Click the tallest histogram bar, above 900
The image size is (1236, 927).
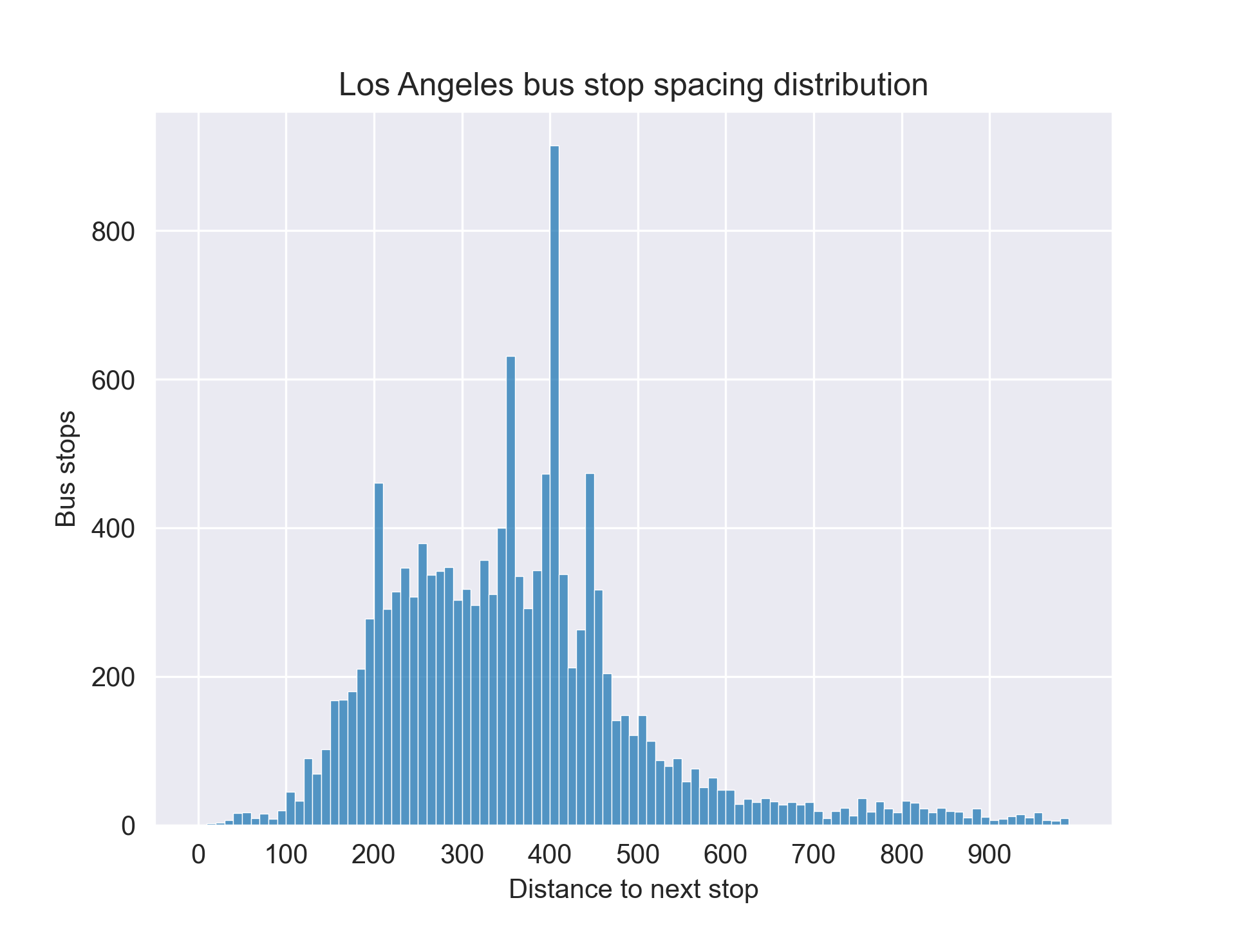[554, 483]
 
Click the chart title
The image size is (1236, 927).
[633, 85]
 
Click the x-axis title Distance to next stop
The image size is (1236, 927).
[633, 889]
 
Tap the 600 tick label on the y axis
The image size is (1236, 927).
[113, 380]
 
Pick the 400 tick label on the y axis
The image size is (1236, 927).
[113, 529]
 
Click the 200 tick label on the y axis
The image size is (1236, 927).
[113, 678]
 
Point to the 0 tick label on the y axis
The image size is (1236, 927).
[128, 826]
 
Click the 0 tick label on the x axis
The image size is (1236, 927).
[198, 855]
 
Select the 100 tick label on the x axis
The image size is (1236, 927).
[286, 855]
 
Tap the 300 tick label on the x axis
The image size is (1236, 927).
[462, 855]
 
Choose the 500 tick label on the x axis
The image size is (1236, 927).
[638, 855]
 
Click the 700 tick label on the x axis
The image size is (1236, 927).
[814, 855]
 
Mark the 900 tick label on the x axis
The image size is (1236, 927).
[989, 855]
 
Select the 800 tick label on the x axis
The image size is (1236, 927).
[902, 855]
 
